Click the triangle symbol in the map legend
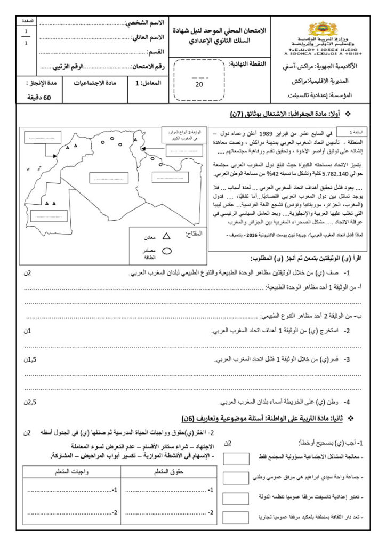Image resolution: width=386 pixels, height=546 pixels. pos(166,236)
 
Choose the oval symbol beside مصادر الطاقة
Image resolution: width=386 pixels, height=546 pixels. pos(166,251)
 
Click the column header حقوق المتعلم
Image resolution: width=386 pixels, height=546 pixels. pos(161,471)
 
